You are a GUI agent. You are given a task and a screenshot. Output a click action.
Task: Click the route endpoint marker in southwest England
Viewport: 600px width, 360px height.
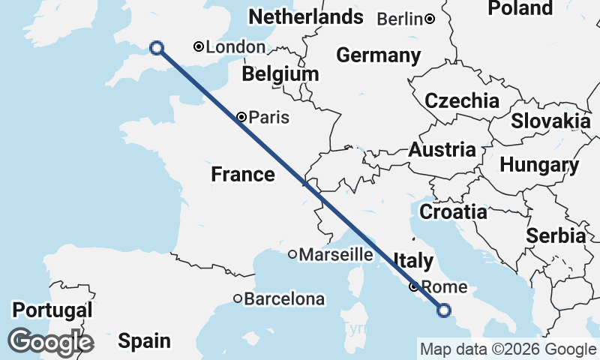pos(157,48)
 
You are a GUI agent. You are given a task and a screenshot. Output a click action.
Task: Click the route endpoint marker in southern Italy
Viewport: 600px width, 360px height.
pos(444,310)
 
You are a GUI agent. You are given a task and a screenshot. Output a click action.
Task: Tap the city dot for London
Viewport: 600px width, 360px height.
pos(199,46)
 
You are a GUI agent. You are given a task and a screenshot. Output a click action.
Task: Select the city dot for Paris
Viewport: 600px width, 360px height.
pos(241,116)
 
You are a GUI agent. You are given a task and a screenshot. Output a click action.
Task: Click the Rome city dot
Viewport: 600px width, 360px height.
pos(413,286)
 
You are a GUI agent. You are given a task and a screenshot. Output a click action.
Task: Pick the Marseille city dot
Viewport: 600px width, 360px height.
pos(292,254)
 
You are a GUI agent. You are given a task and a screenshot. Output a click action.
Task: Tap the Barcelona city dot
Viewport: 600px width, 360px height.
pos(238,298)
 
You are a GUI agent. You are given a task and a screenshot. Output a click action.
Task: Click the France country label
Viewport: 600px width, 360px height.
pos(242,175)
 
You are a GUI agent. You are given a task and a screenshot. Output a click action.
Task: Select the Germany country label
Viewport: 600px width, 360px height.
pos(378,55)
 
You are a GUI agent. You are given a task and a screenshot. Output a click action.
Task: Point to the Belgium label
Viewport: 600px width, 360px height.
pos(280,74)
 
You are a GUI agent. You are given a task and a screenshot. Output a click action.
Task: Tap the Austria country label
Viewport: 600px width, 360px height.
pos(442,149)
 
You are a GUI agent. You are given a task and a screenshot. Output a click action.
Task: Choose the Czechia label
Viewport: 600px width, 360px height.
pos(462,101)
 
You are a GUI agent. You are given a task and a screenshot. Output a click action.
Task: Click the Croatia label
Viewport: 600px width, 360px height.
pos(453,212)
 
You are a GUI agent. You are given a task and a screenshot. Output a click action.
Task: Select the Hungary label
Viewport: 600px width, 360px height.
pos(539,165)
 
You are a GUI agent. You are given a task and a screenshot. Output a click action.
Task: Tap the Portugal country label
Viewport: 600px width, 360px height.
pos(52,310)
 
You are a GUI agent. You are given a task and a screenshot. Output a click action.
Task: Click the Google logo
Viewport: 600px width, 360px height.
pos(51,342)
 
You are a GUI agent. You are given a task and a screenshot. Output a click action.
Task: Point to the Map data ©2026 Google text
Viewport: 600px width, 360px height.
pos(508,349)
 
